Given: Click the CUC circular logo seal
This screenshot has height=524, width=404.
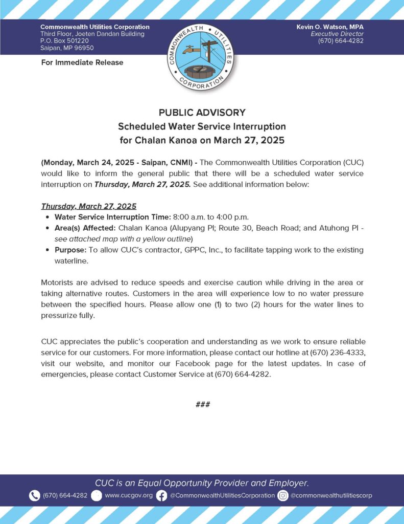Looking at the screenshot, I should tap(201, 56).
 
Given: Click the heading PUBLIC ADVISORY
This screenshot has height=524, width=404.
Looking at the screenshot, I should tap(202, 113).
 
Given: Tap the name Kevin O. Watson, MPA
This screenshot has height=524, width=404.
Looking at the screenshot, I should tap(330, 27).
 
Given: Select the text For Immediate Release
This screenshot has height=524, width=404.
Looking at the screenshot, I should tap(82, 62).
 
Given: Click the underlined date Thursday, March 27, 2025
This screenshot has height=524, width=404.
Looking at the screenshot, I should tap(88, 206).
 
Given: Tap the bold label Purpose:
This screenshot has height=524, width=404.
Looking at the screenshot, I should tap(70, 250).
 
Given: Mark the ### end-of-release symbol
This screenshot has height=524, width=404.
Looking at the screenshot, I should tap(202, 405).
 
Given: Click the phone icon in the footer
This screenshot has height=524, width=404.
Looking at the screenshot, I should tap(34, 495).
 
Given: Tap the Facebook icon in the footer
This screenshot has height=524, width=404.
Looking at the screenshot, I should tap(161, 495).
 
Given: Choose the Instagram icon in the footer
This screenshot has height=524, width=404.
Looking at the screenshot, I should tap(283, 495).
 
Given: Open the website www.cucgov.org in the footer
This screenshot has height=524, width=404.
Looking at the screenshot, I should tap(129, 495).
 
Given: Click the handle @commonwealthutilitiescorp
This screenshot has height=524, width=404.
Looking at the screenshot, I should tap(331, 495).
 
